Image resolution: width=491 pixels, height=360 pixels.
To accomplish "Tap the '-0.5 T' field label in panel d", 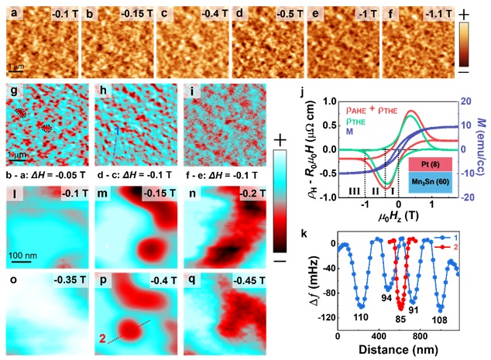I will click(285, 13).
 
